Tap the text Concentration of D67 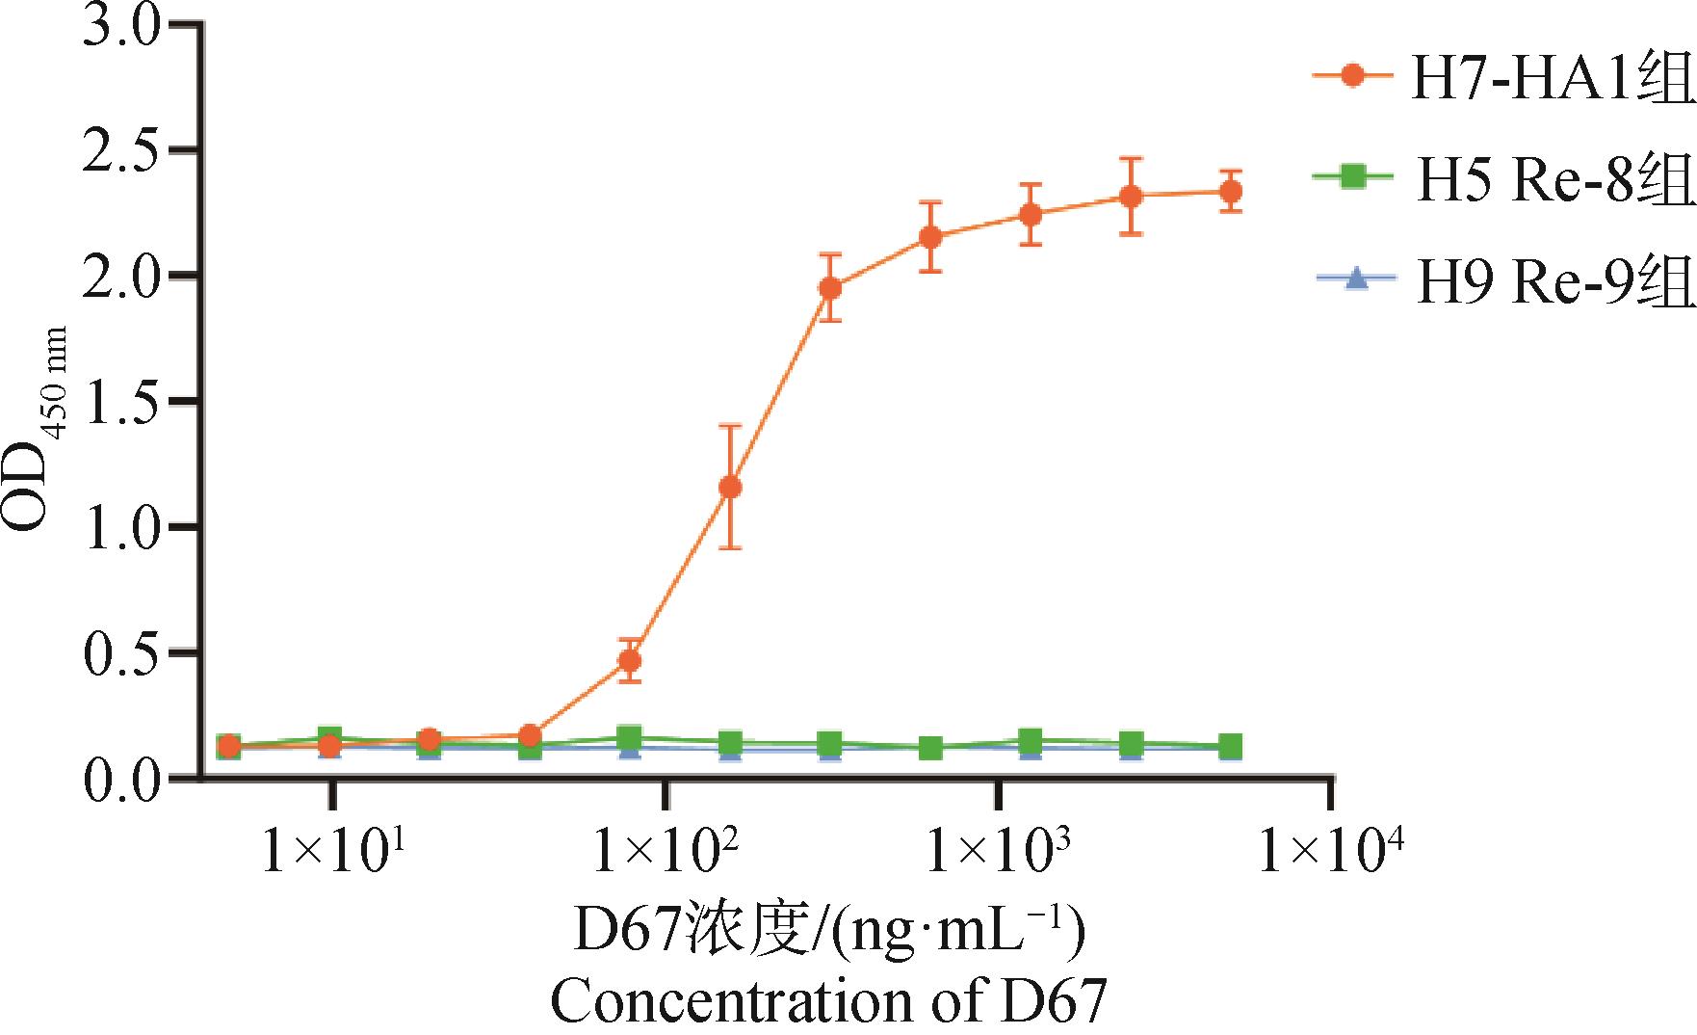pyautogui.click(x=828, y=1002)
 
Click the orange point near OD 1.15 pyautogui.click(x=730, y=488)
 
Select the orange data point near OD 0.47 pyautogui.click(x=630, y=660)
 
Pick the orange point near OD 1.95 pyautogui.click(x=830, y=287)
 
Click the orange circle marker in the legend pyautogui.click(x=1354, y=103)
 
